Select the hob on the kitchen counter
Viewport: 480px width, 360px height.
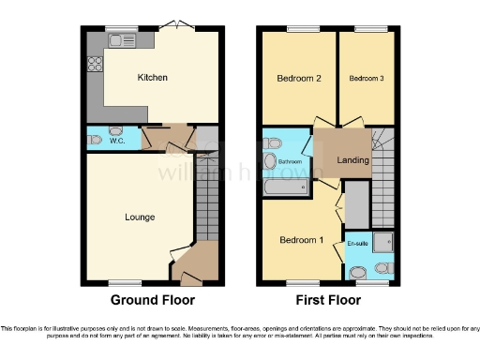95,65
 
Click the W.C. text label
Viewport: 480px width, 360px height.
118,142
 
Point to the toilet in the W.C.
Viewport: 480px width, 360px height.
95,140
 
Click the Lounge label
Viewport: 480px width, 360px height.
140,217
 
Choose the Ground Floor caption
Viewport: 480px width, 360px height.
153,301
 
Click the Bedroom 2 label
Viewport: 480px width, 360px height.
299,79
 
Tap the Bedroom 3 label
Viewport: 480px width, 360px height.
367,79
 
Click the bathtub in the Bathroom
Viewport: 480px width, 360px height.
287,187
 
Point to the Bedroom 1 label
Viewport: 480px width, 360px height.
301,240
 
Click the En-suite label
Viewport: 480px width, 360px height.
357,244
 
